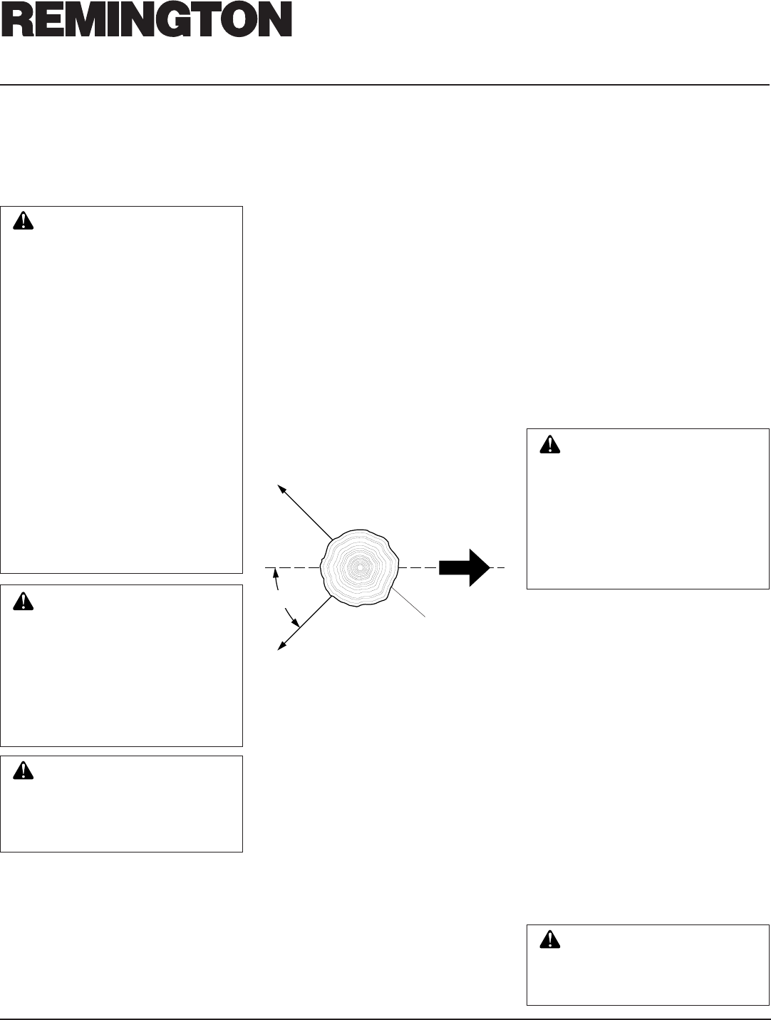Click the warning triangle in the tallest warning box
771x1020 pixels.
pos(24,221)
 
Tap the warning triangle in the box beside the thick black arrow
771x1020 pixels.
pos(549,444)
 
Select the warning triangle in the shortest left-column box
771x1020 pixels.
pos(24,771)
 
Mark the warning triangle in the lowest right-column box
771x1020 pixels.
pos(549,940)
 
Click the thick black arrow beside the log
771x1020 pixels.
pos(464,567)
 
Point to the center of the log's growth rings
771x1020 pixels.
pos(360,567)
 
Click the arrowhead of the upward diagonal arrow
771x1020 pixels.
pos(281,488)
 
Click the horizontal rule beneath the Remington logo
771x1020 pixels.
pos(385,85)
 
